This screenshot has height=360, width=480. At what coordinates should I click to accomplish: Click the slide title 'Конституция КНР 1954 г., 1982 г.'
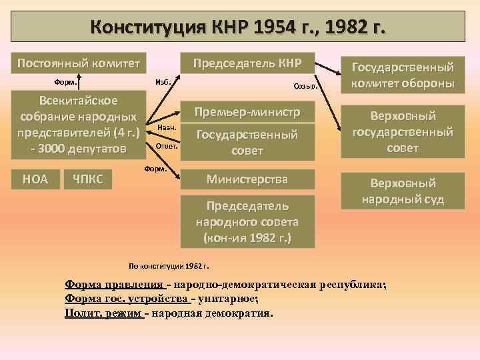240,27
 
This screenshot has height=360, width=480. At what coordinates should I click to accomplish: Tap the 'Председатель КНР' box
247,63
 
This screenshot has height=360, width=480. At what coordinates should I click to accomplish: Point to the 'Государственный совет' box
247,143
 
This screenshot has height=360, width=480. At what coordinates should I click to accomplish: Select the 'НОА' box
35,178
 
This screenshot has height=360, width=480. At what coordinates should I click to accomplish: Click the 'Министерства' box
247,179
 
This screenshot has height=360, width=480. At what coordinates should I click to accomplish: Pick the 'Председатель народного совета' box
247,221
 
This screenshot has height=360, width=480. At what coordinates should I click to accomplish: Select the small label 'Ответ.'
165,145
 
